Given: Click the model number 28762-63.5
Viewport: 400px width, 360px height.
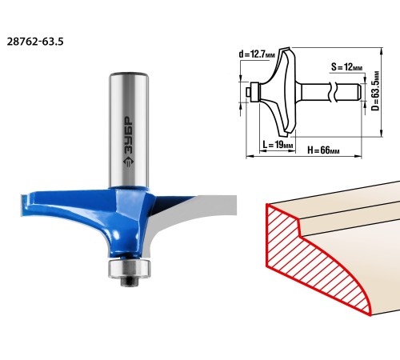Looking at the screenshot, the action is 35,42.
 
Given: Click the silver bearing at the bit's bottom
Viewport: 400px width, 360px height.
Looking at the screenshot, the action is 130,269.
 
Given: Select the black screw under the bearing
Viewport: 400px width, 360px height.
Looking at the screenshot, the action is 130,282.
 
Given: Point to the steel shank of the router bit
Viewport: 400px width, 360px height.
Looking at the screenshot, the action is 129,130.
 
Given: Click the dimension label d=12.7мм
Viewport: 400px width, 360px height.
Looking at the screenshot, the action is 257,54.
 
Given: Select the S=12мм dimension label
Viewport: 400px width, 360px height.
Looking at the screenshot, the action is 346,66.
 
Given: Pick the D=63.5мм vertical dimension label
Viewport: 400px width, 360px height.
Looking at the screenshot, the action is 375,90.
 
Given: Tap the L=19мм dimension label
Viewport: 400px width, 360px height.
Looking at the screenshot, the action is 278,145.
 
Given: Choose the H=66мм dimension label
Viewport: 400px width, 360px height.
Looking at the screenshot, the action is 323,150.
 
